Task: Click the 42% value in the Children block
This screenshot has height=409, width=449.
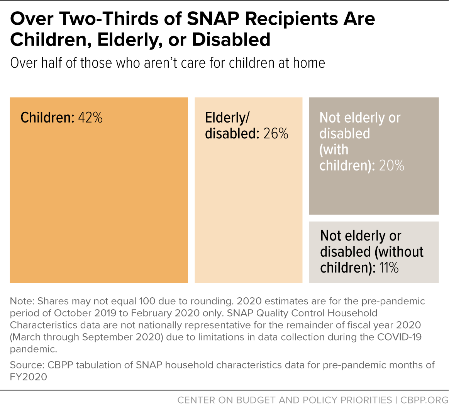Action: (x=90, y=118)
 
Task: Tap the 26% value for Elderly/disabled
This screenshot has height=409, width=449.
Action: (x=276, y=134)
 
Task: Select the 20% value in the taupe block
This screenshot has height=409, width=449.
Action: (x=391, y=166)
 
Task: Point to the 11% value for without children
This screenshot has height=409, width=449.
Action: (x=388, y=268)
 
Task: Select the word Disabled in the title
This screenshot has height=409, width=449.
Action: (x=231, y=39)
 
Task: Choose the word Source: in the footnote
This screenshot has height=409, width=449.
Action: (x=27, y=365)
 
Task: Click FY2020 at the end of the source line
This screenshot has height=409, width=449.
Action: (x=28, y=377)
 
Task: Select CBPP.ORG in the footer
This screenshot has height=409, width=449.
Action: (x=424, y=400)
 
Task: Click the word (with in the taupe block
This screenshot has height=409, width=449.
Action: (x=334, y=150)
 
